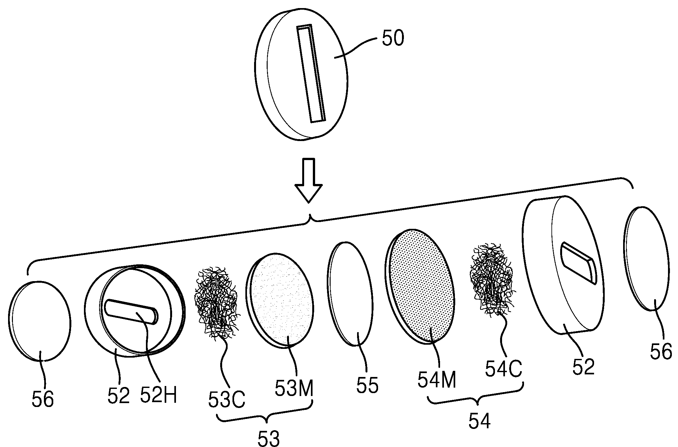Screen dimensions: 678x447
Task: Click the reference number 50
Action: [x=393, y=39]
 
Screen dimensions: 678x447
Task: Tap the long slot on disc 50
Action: [x=311, y=73]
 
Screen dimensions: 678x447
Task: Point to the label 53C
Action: [x=227, y=400]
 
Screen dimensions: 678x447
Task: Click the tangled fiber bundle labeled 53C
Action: [x=217, y=302]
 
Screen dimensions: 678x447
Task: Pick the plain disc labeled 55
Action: [x=350, y=294]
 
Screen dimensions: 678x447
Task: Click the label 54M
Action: [x=437, y=381]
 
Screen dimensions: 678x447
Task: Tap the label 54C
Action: [x=503, y=370]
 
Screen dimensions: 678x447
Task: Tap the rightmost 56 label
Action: [x=661, y=351]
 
